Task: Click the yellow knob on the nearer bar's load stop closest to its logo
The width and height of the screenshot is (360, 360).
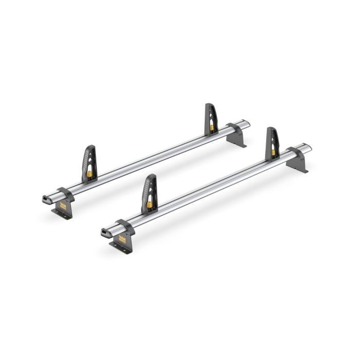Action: [149, 204]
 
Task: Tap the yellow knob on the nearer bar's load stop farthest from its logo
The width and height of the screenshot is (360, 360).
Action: [273, 153]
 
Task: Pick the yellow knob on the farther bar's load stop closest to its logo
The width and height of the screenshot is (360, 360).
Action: [89, 174]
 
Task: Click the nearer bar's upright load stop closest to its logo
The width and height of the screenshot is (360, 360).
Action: [149, 193]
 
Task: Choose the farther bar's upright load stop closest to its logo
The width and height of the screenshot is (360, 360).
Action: [89, 163]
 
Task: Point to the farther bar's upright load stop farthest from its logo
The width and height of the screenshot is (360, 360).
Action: [211, 119]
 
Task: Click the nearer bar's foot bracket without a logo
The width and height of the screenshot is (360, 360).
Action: [297, 159]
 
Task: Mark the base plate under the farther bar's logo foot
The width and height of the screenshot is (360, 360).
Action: [61, 213]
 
